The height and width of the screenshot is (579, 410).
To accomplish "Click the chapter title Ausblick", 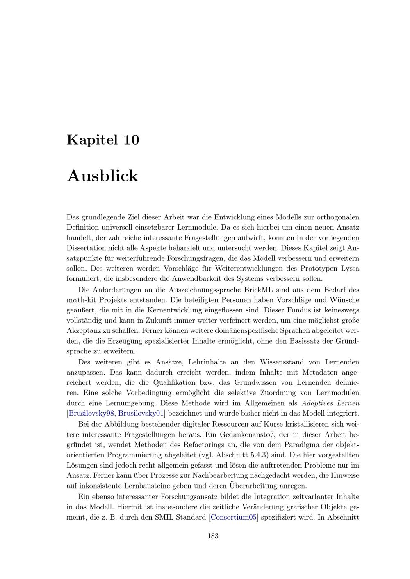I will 102,176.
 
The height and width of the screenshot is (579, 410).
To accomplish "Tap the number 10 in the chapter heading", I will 131,140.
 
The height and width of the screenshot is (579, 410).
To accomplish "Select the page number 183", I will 213,536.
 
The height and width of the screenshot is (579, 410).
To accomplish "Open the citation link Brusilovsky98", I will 91,413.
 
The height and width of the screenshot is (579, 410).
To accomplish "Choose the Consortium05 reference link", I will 234,517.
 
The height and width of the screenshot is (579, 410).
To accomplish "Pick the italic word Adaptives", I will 318,403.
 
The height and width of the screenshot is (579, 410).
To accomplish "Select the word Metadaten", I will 320,373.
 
